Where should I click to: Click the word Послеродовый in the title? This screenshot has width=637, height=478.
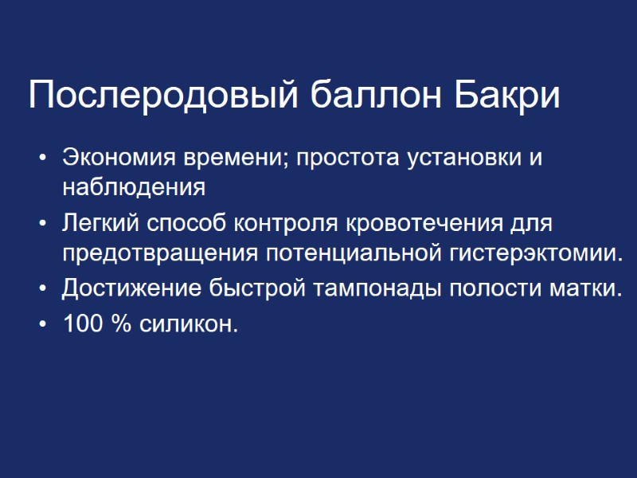162,97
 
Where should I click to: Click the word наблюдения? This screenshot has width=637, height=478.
134,188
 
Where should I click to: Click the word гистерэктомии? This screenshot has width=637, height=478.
532,253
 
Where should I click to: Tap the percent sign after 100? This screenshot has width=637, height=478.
123,324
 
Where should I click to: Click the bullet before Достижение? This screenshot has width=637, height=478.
42,287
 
